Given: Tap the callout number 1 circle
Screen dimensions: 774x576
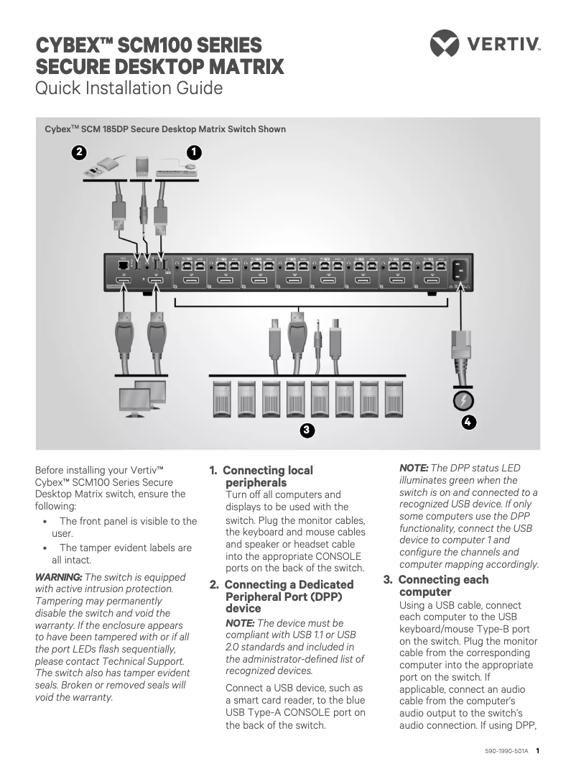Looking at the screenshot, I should click(x=193, y=152).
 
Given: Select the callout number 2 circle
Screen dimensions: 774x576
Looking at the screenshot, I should click(x=79, y=152).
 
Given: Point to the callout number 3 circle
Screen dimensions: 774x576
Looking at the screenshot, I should click(x=306, y=430).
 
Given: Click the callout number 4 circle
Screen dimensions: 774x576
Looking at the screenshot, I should click(x=468, y=422).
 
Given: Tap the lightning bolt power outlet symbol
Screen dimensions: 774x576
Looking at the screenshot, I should click(x=465, y=400).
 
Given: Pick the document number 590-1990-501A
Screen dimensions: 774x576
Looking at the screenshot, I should click(x=506, y=751).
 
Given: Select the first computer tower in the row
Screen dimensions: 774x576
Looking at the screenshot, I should click(x=222, y=399).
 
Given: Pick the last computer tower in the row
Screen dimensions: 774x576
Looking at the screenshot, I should click(x=394, y=399).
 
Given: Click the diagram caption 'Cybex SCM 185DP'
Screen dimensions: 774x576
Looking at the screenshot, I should click(x=165, y=129).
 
